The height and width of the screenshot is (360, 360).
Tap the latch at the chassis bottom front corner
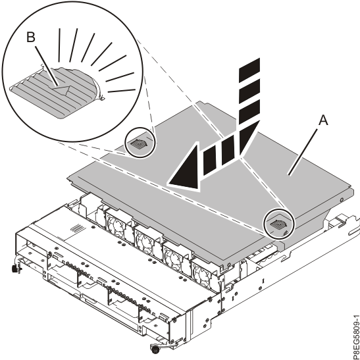[156, 346]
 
